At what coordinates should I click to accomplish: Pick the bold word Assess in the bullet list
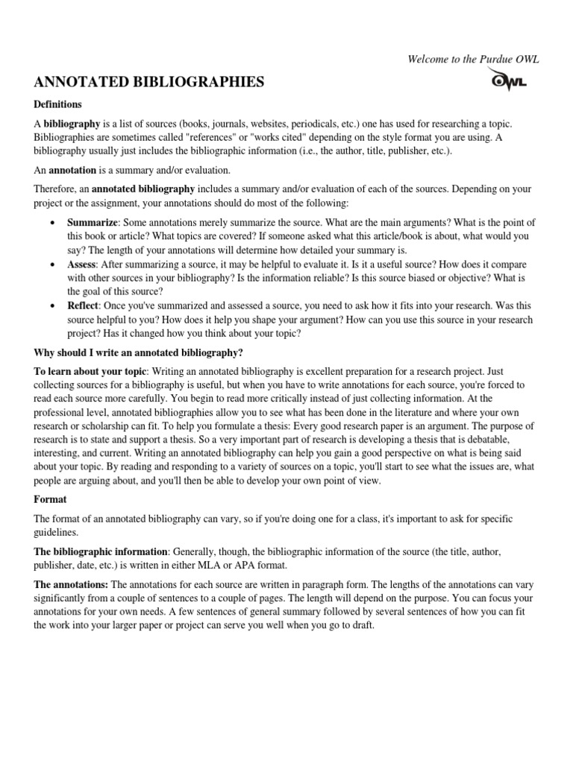[x=82, y=265]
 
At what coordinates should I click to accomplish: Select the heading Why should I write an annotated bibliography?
[x=138, y=352]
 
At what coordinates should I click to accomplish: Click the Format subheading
[x=48, y=499]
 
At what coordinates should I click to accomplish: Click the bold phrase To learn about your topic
[x=90, y=371]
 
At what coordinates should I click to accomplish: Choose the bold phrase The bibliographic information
[x=101, y=551]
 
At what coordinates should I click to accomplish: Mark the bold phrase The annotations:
[x=71, y=585]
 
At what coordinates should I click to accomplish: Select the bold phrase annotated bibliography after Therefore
[x=143, y=189]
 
